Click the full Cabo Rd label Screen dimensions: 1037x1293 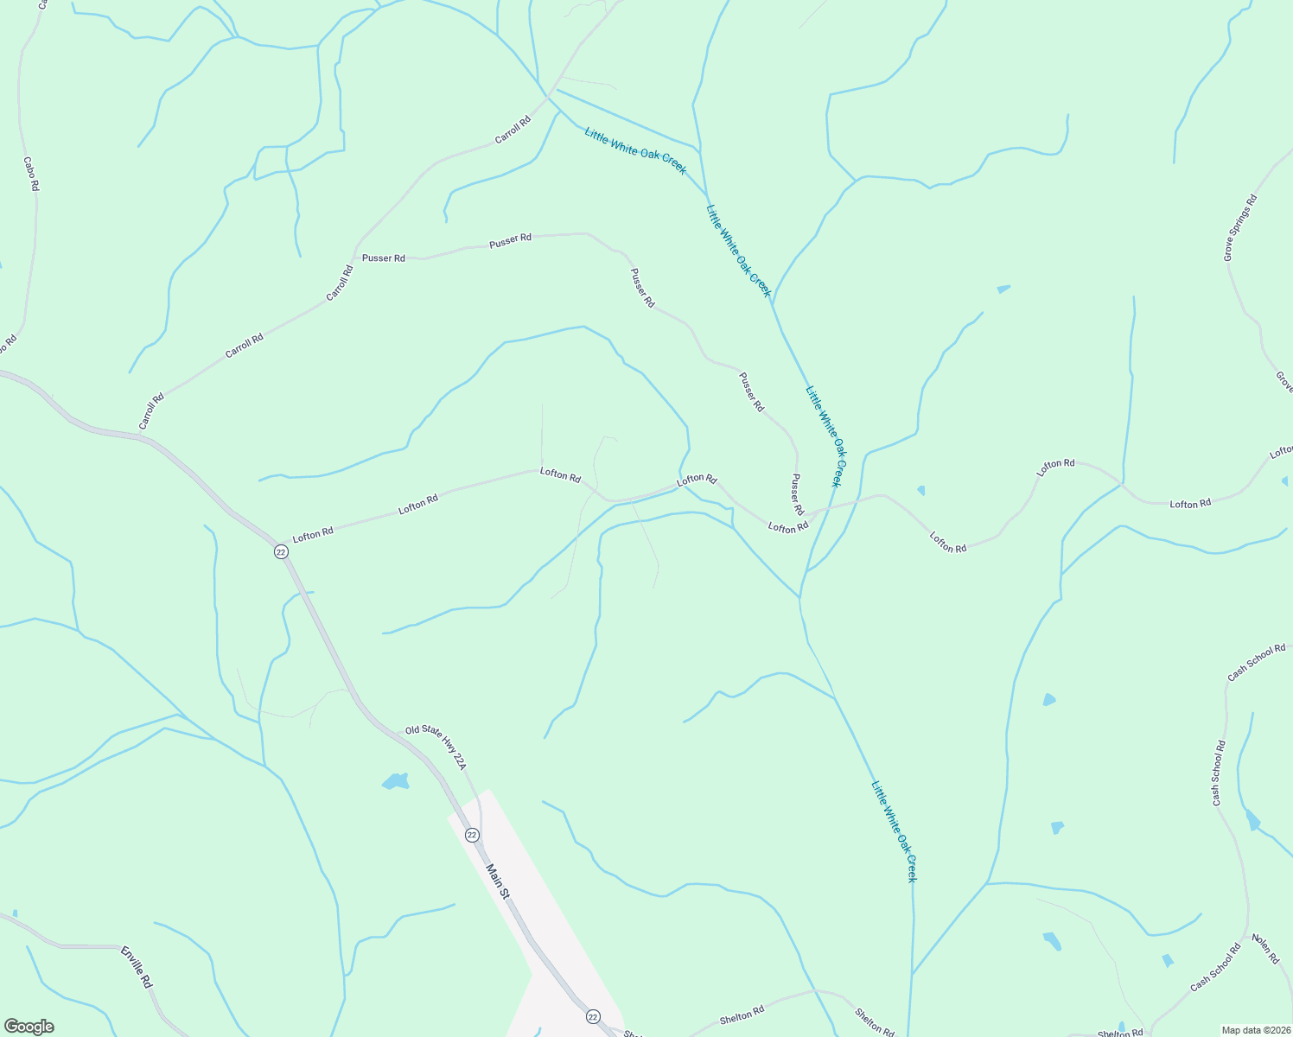point(31,174)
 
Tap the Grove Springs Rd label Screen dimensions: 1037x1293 point(1240,228)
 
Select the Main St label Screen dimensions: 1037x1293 point(497,881)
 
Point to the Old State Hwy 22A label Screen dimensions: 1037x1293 point(436,748)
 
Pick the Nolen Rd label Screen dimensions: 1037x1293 point(1265,949)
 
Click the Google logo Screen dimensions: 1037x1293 point(29,1027)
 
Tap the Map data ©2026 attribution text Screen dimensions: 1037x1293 point(1255,1030)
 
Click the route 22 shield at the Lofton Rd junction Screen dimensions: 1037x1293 point(281,551)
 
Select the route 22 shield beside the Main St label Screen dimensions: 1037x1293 point(472,835)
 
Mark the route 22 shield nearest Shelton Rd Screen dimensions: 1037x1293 point(593,1016)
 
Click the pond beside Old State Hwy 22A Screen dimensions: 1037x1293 point(395,781)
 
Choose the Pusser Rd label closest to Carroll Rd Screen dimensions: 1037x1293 point(384,258)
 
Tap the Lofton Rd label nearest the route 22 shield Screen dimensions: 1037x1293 point(313,535)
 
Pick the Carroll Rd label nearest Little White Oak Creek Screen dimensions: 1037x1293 point(513,130)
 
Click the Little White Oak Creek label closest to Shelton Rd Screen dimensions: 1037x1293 point(893,831)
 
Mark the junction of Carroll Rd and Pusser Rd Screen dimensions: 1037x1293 point(355,257)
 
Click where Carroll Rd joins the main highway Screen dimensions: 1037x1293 point(143,437)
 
